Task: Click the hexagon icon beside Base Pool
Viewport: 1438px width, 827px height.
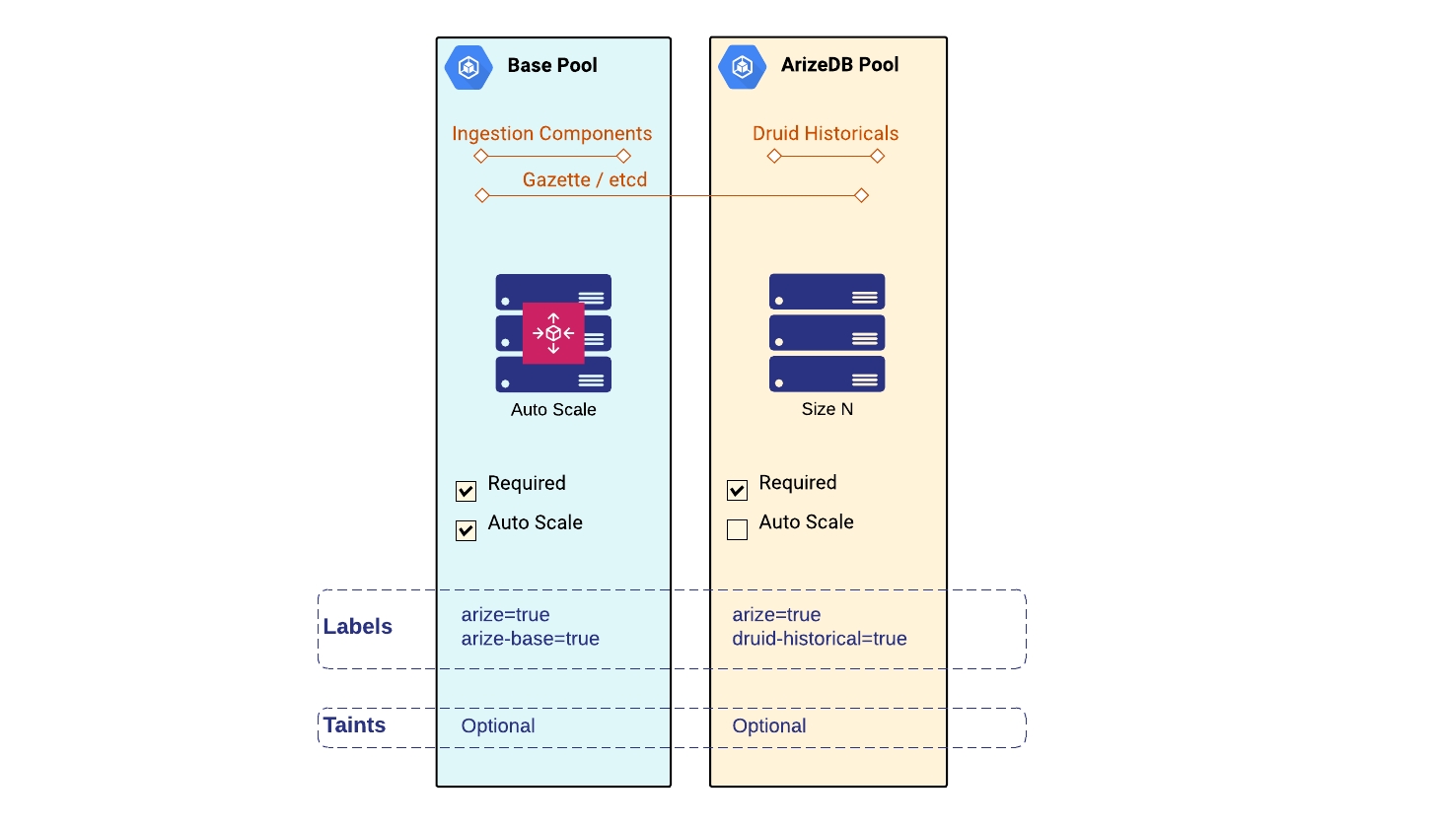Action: [468, 67]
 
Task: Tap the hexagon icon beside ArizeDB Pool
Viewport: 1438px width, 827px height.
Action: [742, 66]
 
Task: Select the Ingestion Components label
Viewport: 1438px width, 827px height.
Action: [551, 133]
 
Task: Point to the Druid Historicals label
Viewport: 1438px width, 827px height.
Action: [826, 133]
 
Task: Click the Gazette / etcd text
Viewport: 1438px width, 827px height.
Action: [584, 179]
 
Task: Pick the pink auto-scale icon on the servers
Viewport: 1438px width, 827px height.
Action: [553, 333]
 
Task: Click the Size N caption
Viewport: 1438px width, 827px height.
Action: [827, 409]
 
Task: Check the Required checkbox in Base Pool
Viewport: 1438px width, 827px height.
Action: [467, 491]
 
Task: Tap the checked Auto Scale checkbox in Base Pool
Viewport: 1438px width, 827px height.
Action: [467, 530]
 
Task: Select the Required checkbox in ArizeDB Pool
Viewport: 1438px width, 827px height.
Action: [737, 490]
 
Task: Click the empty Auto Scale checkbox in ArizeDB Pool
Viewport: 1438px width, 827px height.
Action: [737, 529]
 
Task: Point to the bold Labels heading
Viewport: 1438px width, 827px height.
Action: [357, 627]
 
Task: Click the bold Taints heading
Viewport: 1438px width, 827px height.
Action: [354, 725]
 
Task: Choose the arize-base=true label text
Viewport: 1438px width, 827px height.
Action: [530, 639]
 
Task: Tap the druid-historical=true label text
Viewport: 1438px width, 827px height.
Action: [819, 639]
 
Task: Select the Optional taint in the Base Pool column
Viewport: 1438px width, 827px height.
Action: [497, 726]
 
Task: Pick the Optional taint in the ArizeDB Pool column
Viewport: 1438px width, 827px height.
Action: [768, 726]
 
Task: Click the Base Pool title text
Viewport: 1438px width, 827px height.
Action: [551, 66]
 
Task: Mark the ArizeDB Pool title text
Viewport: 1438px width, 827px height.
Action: [839, 65]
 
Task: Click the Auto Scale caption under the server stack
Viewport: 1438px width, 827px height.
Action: [553, 410]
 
